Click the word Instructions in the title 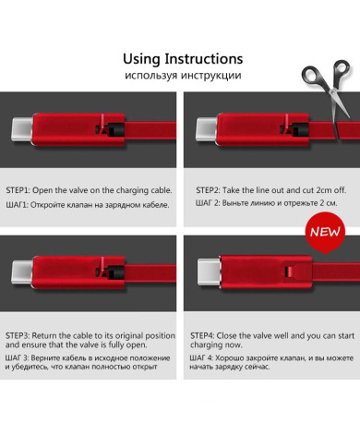click(204, 59)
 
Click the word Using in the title click(141, 59)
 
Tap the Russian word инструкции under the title click(210, 76)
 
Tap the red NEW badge click(325, 233)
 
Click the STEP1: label click(18, 190)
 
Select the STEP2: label click(208, 190)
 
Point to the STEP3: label click(18, 335)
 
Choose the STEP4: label click(202, 335)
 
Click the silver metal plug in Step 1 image click(22, 129)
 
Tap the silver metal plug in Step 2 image click(206, 129)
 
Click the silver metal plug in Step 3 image click(22, 272)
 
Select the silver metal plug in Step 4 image click(210, 272)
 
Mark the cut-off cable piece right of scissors click(348, 130)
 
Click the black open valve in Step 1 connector click(114, 129)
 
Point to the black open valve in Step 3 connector click(114, 272)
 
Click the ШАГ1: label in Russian click(17, 205)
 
